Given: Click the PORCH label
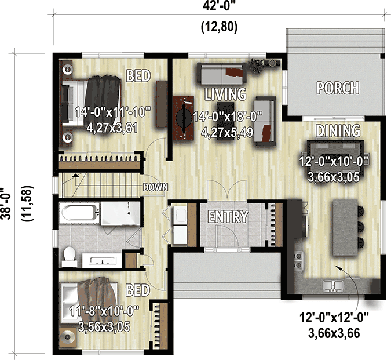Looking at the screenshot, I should [x=338, y=88].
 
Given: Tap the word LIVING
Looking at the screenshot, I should [x=225, y=93].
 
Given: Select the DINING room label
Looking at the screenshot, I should [x=338, y=130].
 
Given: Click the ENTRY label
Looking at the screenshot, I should [x=228, y=217].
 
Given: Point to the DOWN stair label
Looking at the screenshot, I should [x=156, y=187].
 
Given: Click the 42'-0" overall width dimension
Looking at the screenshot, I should [x=218, y=8].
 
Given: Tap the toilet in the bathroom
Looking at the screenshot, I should [x=70, y=254].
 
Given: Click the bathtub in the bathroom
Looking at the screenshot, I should [x=81, y=213].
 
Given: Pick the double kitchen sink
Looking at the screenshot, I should [x=332, y=285].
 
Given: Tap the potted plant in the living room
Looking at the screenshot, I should [x=255, y=64].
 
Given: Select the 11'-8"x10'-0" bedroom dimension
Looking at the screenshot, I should [x=102, y=311].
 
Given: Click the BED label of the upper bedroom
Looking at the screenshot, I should [x=138, y=75].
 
